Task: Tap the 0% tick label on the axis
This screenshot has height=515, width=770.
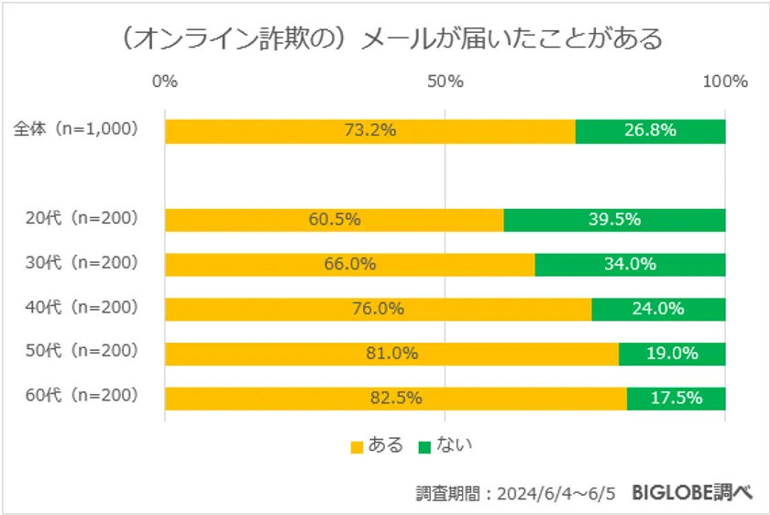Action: pos(165,82)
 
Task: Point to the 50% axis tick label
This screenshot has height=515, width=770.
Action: pos(445,82)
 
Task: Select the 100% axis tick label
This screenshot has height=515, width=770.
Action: pos(725,82)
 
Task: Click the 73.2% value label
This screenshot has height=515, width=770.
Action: pos(370,130)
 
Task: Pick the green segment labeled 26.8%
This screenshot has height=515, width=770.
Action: pos(651,130)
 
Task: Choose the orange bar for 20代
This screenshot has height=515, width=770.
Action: pos(335,220)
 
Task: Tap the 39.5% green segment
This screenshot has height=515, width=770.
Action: pos(615,220)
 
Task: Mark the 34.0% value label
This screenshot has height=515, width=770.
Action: pos(631,265)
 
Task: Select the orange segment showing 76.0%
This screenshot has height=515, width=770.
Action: pos(378,309)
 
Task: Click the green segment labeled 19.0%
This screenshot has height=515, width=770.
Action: pos(672,353)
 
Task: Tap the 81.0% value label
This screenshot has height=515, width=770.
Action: pos(392,353)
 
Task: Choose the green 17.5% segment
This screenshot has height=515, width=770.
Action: pos(676,398)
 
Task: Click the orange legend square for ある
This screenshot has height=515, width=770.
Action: pos(357,447)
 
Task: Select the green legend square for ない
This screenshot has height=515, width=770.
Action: pos(424,447)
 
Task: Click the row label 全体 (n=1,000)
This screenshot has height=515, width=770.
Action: pos(76,129)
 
